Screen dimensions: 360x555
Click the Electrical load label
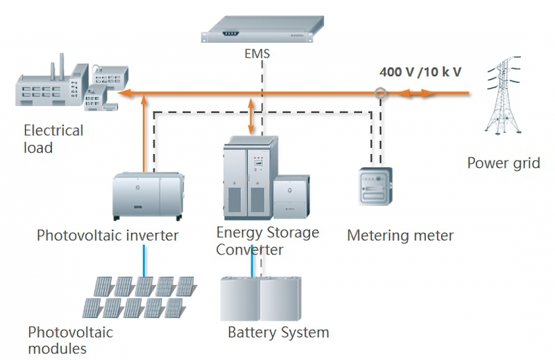[53, 138]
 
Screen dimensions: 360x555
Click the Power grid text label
[503, 163]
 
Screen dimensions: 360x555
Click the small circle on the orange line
[379, 92]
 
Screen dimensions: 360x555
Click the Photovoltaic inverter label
[108, 236]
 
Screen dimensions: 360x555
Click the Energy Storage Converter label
[267, 240]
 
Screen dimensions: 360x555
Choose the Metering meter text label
[400, 236]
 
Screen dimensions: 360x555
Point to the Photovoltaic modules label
[70, 340]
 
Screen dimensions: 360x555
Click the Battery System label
[278, 332]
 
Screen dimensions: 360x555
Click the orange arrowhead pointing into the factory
[123, 92]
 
